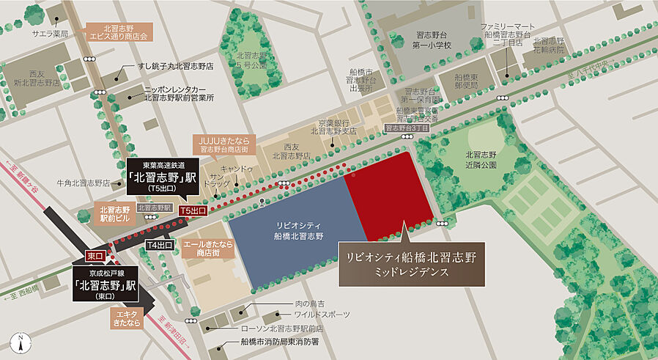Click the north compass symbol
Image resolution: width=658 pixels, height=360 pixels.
[x=22, y=342]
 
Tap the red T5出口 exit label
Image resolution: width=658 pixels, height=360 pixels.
[x=194, y=210]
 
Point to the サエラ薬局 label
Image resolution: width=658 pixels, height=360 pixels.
[x=49, y=34]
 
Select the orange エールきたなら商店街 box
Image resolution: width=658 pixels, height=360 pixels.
[x=207, y=247]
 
